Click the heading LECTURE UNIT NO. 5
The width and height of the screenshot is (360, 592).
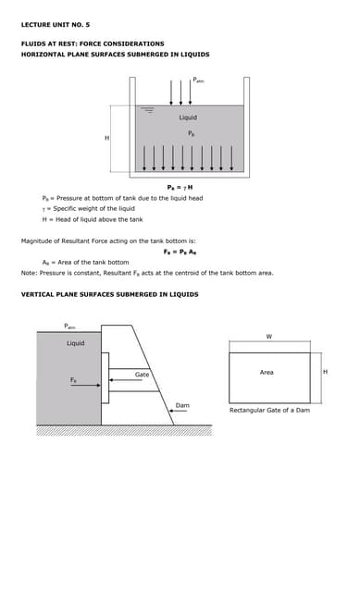coord(56,24)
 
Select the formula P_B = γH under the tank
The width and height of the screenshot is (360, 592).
coord(180,189)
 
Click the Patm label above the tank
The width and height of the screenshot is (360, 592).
coord(199,80)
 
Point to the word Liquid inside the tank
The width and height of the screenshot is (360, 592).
coord(188,117)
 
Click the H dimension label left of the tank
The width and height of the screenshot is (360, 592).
coord(106,138)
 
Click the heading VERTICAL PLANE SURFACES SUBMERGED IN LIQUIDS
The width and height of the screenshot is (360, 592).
coord(109,294)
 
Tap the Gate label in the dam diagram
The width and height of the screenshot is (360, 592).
coord(142,375)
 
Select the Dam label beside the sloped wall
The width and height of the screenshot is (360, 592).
coord(182,405)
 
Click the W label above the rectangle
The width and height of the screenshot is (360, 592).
coord(268,336)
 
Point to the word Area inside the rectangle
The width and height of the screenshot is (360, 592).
coord(267,372)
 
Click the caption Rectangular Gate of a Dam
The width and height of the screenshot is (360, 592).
coord(269,410)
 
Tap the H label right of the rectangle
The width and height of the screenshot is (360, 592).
coord(325,372)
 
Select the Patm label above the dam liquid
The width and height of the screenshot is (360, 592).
coord(69,326)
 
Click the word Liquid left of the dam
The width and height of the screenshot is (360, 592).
coord(76,343)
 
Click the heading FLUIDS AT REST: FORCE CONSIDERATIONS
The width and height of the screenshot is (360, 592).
coord(93,43)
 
